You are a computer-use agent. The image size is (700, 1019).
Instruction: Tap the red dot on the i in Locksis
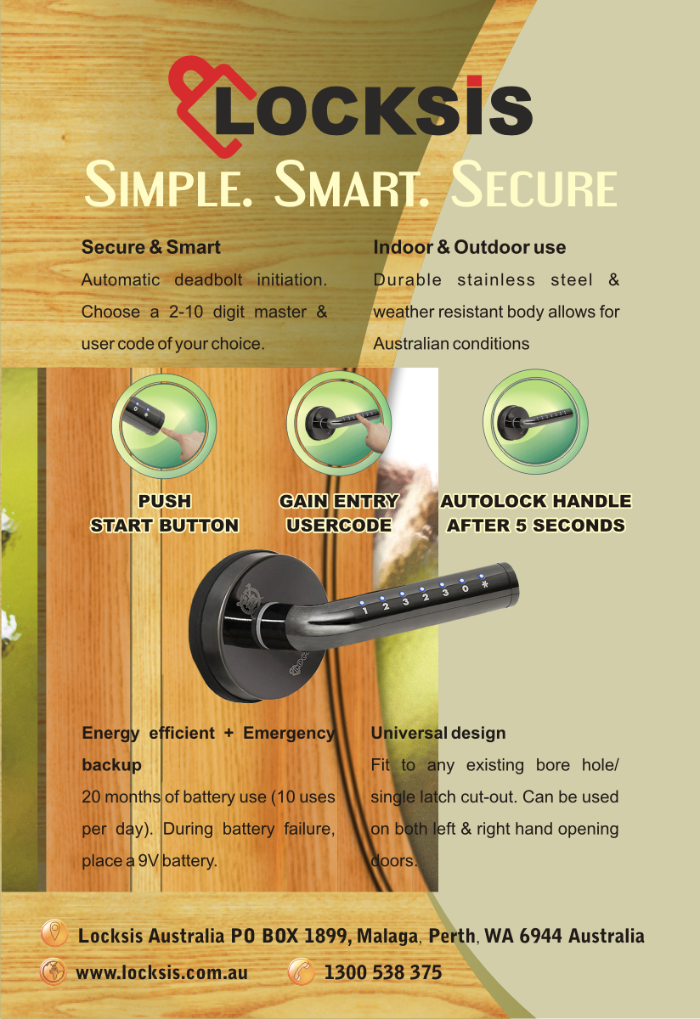click(x=474, y=81)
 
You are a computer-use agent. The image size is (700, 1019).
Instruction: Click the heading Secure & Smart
click(x=150, y=247)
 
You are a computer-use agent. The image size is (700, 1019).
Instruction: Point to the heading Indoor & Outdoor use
click(x=469, y=247)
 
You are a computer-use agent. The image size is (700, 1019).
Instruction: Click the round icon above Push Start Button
click(x=164, y=425)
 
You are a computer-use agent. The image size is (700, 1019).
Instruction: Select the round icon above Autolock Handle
click(x=535, y=421)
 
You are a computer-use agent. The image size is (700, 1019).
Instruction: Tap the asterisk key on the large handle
click(x=485, y=584)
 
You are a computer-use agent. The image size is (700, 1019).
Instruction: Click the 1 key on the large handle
click(x=365, y=611)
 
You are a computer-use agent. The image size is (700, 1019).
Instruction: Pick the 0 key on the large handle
click(x=465, y=588)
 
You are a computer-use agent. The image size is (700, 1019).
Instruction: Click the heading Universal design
click(x=438, y=733)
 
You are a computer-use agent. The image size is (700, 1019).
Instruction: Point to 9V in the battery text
click(x=148, y=861)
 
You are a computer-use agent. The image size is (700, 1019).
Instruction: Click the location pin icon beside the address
click(x=54, y=933)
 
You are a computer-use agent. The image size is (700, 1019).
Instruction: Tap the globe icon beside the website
click(x=54, y=971)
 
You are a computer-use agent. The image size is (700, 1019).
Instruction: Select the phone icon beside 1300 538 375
click(x=302, y=971)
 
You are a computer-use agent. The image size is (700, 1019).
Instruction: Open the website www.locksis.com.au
click(x=161, y=972)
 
